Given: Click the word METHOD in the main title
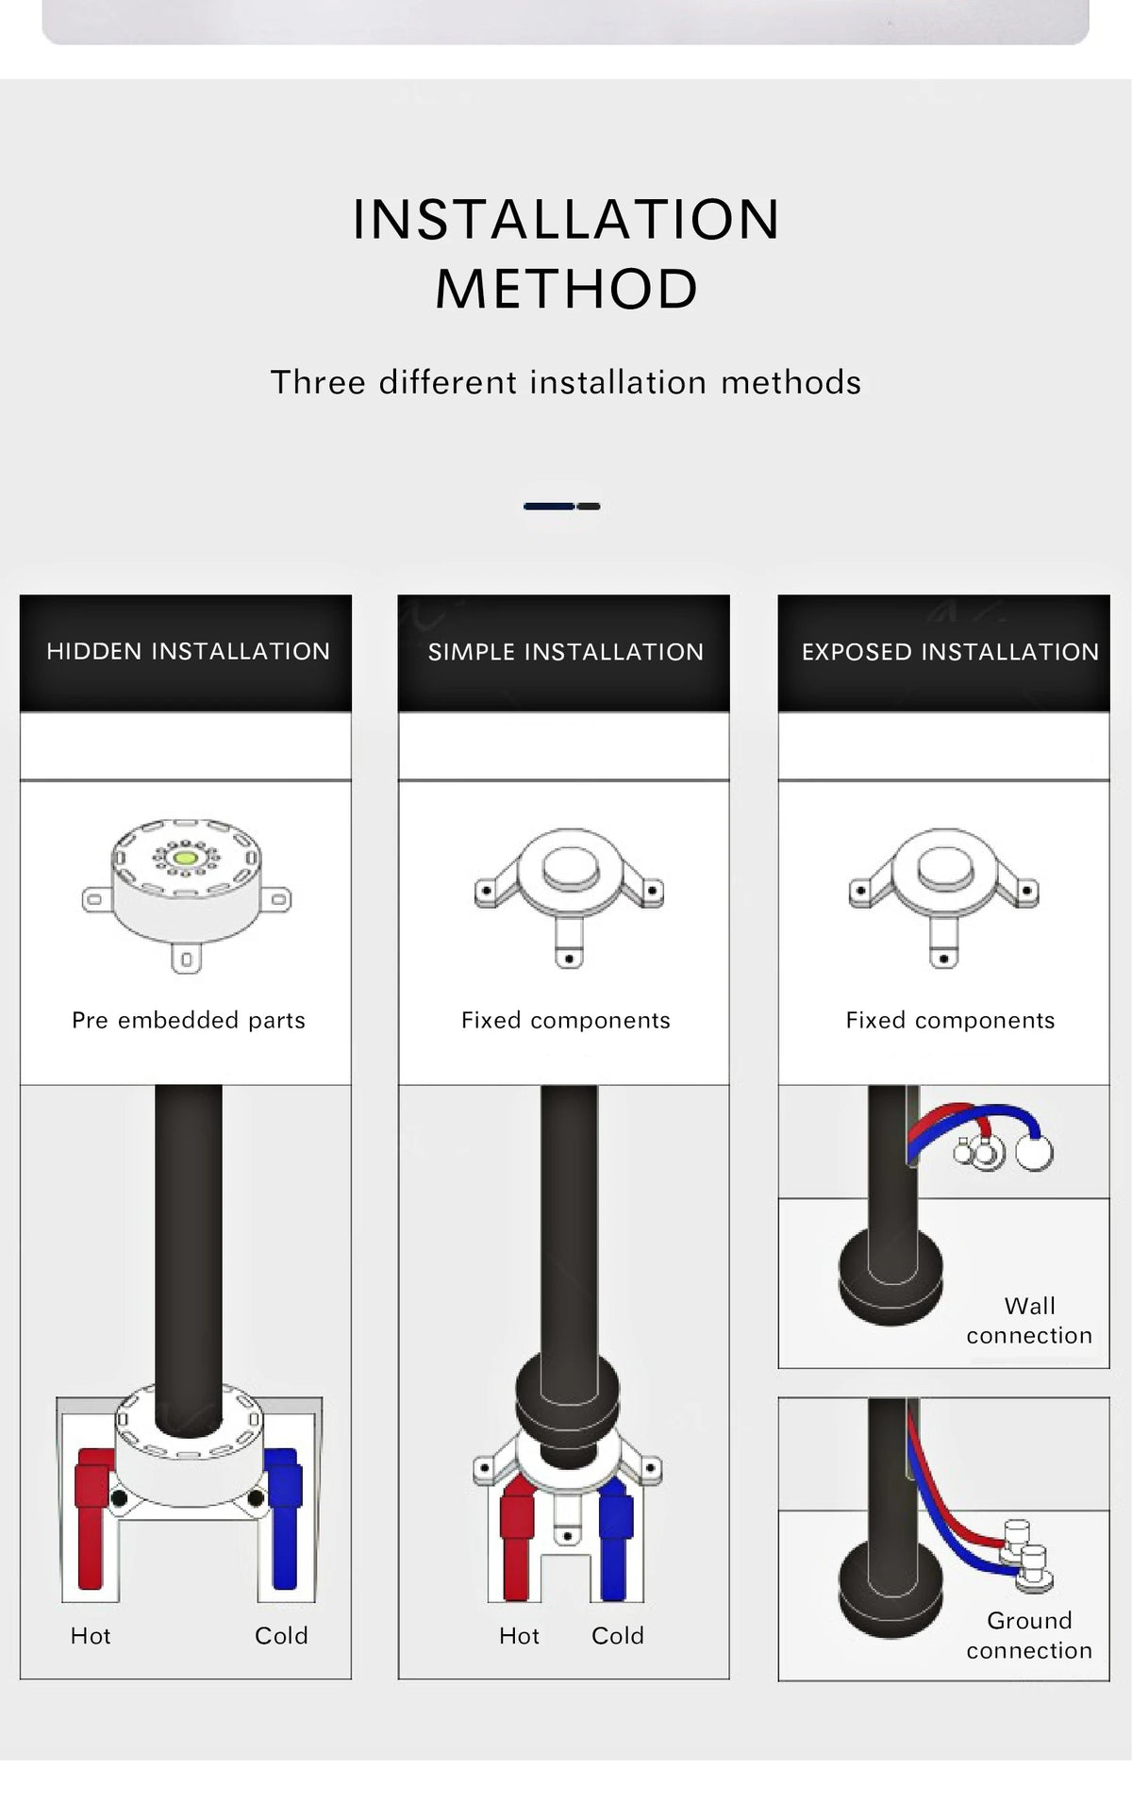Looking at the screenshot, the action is (566, 288).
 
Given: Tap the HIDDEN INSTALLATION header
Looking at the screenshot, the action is (188, 651).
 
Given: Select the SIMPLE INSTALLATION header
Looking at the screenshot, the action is (566, 652).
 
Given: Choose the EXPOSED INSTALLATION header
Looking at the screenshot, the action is (950, 652).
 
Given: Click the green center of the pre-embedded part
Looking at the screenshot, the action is (186, 858).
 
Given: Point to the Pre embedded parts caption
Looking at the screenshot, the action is (189, 1020).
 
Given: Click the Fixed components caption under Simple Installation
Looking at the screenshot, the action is (566, 1020).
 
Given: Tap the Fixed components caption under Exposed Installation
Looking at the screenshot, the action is (950, 1020).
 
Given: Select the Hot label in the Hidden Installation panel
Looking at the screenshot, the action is (91, 1635).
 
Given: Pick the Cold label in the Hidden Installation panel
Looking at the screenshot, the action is (281, 1635).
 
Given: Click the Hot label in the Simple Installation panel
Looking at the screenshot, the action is (519, 1635).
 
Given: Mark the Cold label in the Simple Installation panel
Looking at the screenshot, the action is (618, 1635).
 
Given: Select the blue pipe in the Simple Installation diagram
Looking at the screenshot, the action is (614, 1538).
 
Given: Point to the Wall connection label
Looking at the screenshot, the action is (1029, 1321).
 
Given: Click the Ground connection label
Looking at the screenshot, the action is (1029, 1635).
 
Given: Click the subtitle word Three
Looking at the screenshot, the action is (318, 382).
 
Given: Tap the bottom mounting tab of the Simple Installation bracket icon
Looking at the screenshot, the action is (569, 946).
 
